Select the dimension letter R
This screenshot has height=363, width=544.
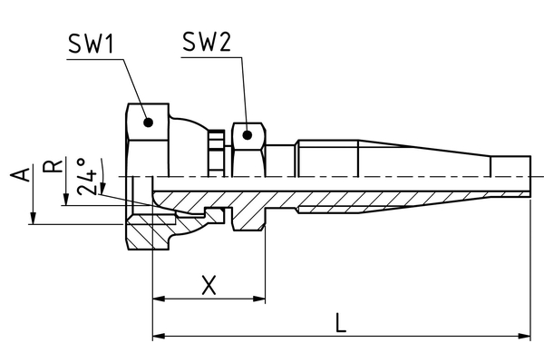(x=55, y=164)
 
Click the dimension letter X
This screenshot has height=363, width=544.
(x=209, y=284)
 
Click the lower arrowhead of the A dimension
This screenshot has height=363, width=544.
(x=34, y=219)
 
